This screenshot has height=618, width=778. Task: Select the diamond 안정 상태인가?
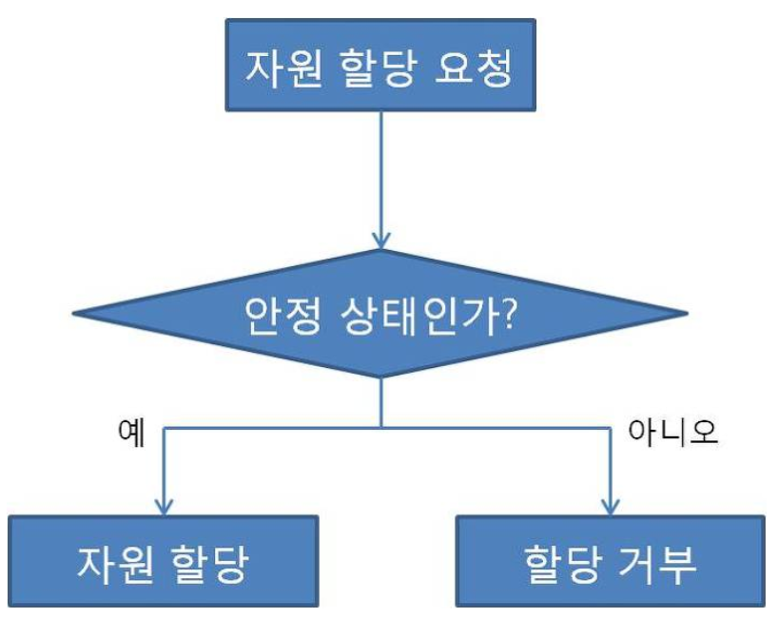[381, 315]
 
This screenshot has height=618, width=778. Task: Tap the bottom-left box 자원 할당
[163, 561]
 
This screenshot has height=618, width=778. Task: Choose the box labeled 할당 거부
[610, 561]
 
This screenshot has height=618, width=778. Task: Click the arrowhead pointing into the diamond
[381, 240]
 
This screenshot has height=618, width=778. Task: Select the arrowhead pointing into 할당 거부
[610, 504]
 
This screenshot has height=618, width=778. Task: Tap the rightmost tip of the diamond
[687, 315]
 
